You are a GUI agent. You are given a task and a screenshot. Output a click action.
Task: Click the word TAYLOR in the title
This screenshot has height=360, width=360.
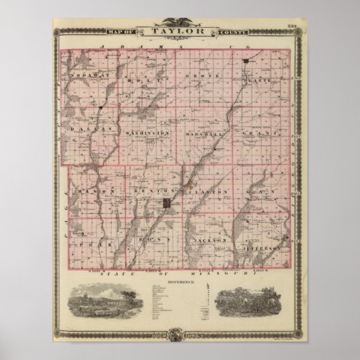click(180, 32)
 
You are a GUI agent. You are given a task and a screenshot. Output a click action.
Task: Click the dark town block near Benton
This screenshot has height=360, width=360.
click(167, 205)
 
